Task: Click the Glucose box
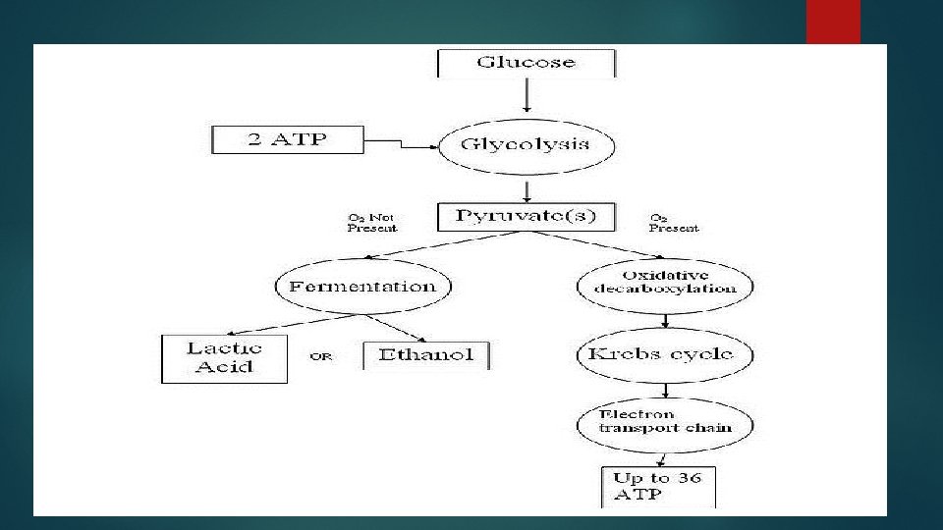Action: point(527,62)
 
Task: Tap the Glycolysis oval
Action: point(526,145)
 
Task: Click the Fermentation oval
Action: point(362,287)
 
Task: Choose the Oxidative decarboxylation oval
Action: point(665,283)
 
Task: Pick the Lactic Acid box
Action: point(224,358)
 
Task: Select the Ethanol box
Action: point(425,355)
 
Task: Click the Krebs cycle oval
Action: point(666,353)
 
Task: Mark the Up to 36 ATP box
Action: point(658,487)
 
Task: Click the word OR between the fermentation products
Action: point(321,356)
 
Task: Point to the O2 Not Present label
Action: point(372,223)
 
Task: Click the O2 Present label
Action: point(674,223)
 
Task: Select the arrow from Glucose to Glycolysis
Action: point(527,95)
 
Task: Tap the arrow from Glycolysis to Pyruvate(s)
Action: point(528,189)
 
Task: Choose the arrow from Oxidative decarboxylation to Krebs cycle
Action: point(666,320)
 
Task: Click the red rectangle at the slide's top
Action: point(833,22)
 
